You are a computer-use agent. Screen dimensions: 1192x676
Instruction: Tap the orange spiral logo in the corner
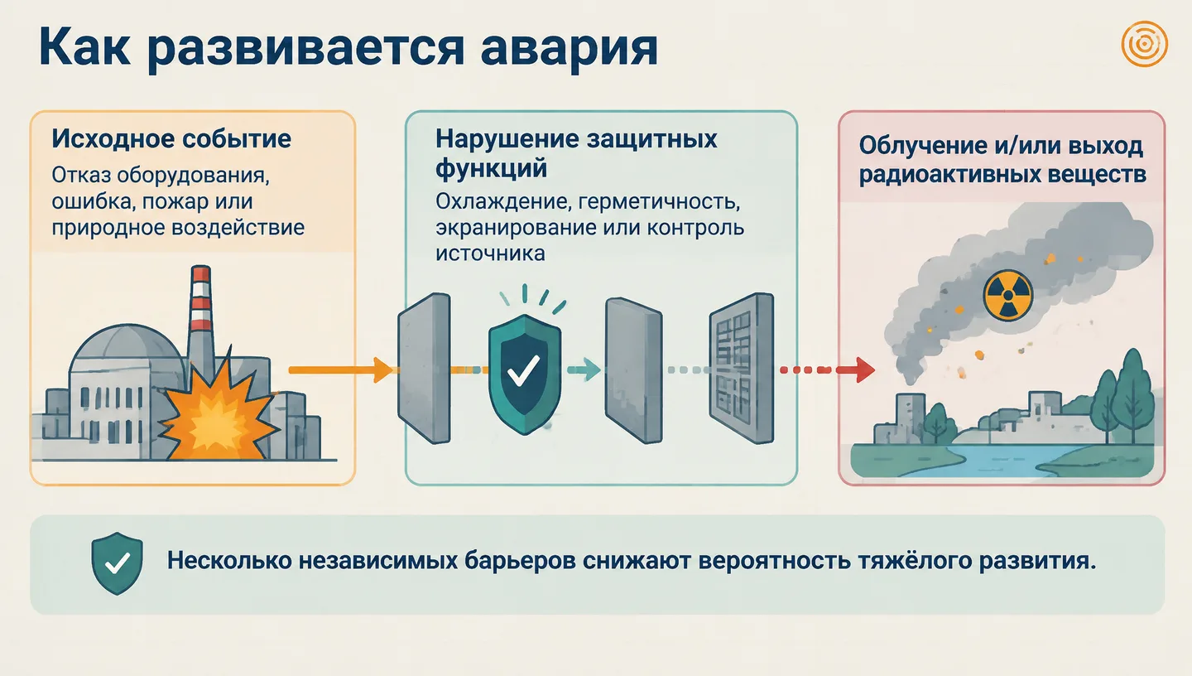(1144, 44)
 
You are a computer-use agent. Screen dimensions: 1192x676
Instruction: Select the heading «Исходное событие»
(171, 139)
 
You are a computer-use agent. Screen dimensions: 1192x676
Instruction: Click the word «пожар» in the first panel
(175, 202)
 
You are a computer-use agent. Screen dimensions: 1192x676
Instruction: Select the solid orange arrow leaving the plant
(340, 369)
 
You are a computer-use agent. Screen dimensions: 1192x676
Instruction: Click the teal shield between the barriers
(525, 374)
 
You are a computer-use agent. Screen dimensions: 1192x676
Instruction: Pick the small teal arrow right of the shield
(584, 369)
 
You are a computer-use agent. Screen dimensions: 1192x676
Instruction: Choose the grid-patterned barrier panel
(742, 368)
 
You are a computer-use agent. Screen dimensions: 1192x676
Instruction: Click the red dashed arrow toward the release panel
(828, 369)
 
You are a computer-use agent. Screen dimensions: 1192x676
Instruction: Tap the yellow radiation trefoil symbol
(1008, 296)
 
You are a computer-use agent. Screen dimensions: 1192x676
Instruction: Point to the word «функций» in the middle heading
(491, 169)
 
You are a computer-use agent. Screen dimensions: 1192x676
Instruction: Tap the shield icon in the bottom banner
(117, 563)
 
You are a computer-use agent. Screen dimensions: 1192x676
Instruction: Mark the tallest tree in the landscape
(1133, 397)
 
